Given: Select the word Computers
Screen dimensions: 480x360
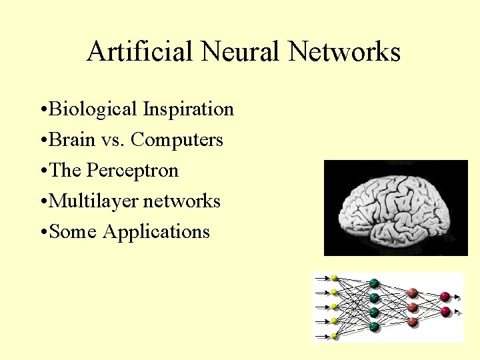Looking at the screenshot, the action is coord(177,139).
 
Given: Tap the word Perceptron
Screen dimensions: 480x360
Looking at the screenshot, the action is coord(133,170).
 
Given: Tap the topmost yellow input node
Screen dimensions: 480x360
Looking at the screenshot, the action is coord(335,278).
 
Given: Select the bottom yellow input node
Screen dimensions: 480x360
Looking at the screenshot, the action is coord(335,337).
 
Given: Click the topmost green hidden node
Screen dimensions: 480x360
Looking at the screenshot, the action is coord(374,283).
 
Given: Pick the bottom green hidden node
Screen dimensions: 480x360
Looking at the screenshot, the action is coord(374,327).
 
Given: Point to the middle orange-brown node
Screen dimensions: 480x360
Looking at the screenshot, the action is coord(412,307).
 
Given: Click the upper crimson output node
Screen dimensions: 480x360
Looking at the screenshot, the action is coord(445,296).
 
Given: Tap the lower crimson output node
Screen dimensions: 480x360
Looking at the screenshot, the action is coord(445,311).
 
